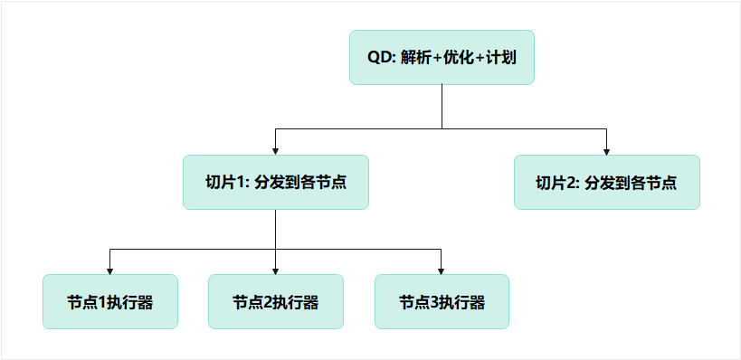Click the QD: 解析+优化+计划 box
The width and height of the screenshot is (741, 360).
point(442,57)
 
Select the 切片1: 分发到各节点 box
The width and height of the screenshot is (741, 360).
point(275,182)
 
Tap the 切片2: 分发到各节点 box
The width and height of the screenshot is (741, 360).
point(606,182)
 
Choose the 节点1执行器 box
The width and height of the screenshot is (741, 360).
point(109,301)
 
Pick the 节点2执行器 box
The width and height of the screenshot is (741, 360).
point(275,301)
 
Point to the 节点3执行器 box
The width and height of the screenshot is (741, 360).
point(442,301)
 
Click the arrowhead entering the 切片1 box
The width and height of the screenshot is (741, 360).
point(275,149)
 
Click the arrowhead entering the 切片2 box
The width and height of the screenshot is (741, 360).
point(606,149)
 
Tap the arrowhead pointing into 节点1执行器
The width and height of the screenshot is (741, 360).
point(109,269)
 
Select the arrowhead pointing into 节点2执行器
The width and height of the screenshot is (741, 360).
point(275,269)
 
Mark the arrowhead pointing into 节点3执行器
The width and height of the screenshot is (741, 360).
point(442,269)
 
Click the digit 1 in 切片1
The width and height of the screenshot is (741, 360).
point(240,182)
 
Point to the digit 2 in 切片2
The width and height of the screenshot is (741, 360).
point(571,182)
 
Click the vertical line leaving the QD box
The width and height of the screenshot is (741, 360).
point(442,104)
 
